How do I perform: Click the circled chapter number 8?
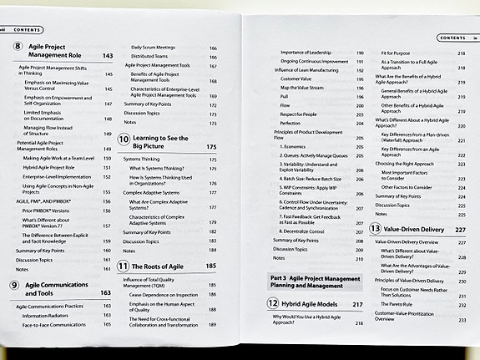click(x=19, y=50)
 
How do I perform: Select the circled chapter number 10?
click(x=123, y=140)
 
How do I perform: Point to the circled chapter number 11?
click(x=124, y=266)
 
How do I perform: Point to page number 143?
click(x=108, y=56)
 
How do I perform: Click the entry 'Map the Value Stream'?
click(x=303, y=88)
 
